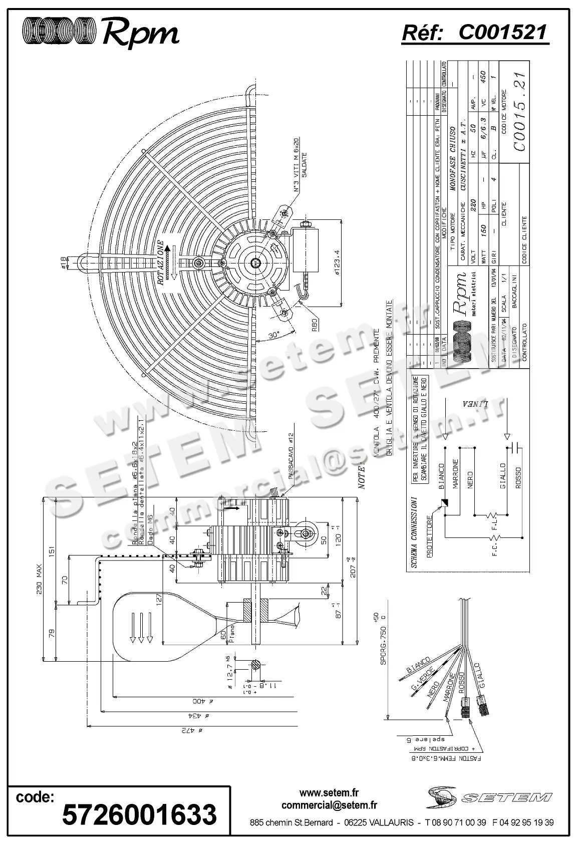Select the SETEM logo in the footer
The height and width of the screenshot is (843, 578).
click(x=489, y=797)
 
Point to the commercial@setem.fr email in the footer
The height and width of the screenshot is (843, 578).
click(x=329, y=805)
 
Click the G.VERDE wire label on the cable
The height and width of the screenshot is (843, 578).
click(x=420, y=682)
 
